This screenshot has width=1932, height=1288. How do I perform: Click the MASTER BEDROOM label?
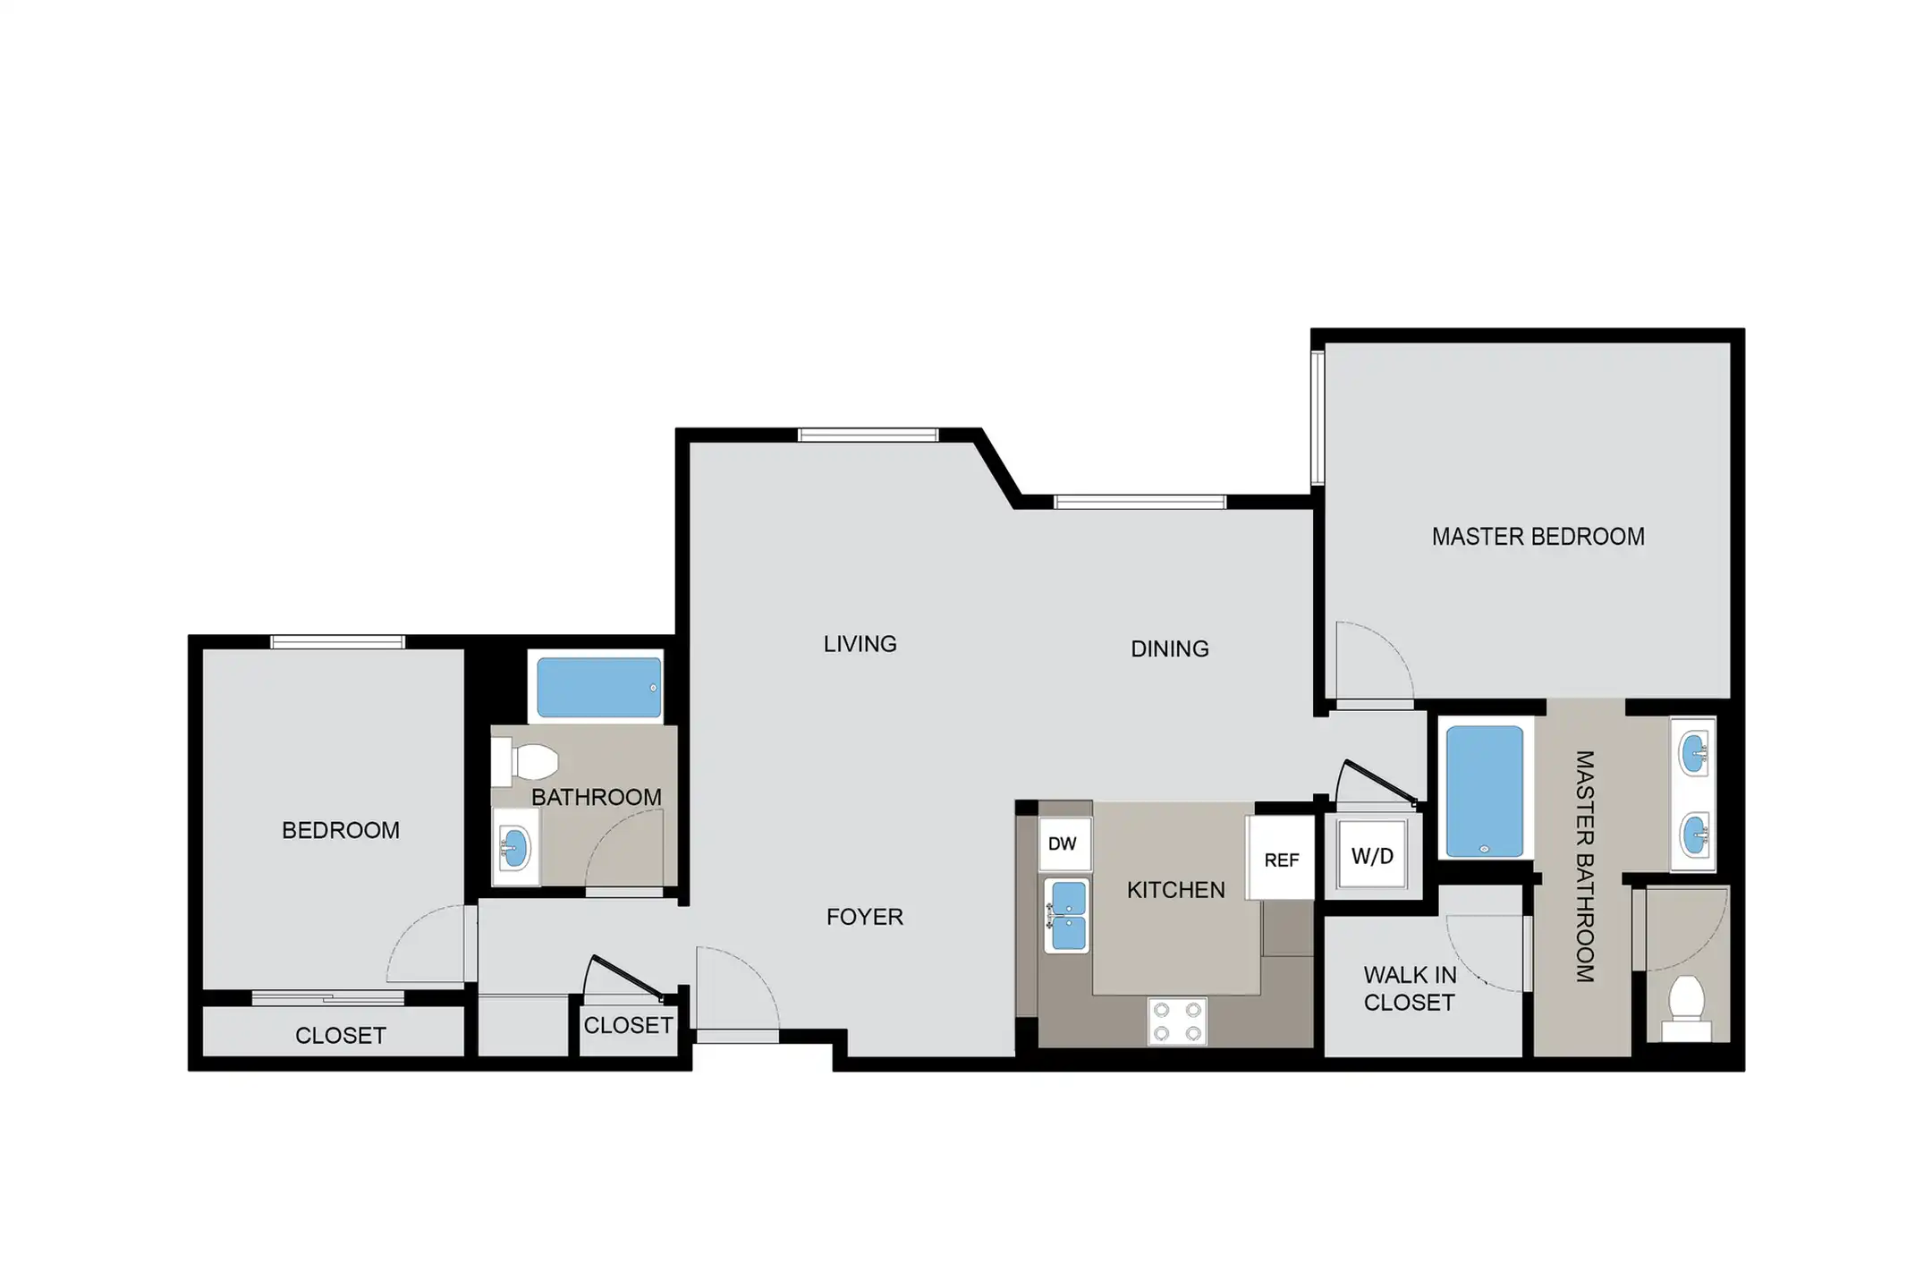[1538, 537]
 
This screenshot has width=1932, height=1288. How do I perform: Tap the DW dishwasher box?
[1064, 843]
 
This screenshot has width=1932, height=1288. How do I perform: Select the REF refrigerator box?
[1281, 859]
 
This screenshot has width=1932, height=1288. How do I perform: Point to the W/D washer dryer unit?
[1372, 856]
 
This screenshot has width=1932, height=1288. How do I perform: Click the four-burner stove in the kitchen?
[1177, 1021]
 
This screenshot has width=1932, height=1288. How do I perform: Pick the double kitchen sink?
[1067, 915]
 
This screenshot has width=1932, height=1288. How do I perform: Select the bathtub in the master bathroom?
[1484, 792]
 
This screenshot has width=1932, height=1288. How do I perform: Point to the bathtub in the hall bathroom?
[599, 687]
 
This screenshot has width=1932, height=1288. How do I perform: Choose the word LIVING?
[860, 644]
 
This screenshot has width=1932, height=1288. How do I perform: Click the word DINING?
[1169, 648]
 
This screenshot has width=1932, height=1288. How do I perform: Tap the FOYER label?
[864, 917]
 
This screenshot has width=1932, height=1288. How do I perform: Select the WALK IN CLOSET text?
[1410, 988]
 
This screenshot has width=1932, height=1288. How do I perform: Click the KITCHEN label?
[1175, 890]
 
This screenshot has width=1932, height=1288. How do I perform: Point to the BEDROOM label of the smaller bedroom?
[340, 830]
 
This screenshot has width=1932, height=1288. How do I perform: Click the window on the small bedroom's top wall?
[337, 641]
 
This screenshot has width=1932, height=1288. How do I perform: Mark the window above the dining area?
[1140, 502]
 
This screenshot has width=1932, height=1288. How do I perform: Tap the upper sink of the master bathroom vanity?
[1693, 753]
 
